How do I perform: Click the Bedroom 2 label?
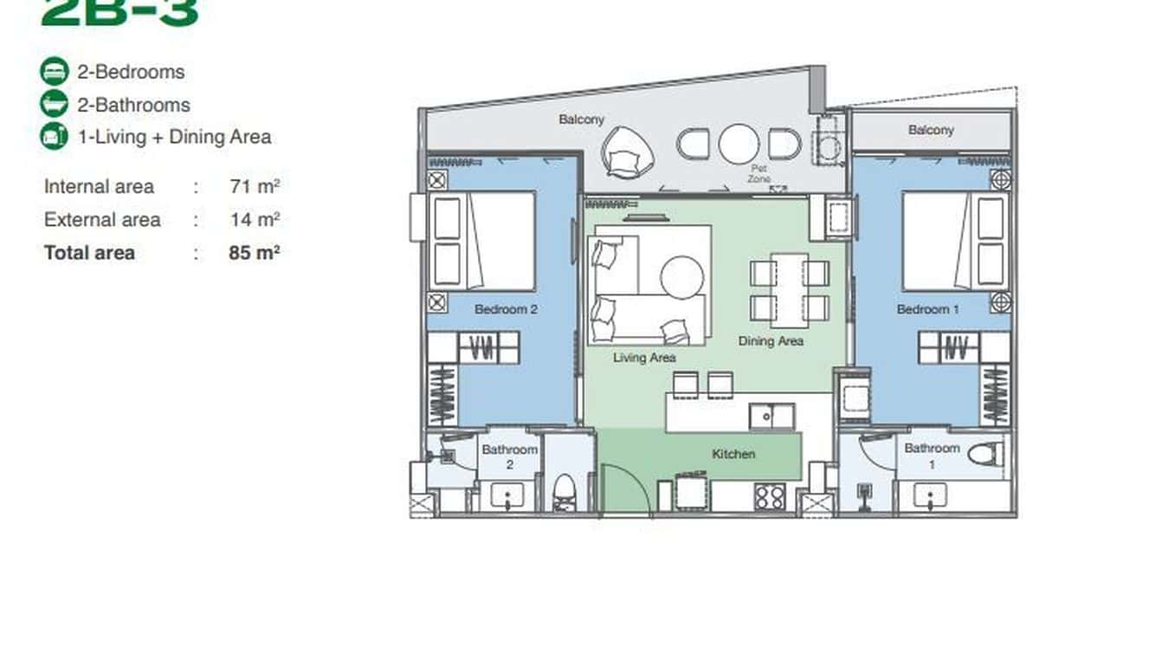click(x=507, y=309)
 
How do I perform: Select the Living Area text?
click(x=644, y=357)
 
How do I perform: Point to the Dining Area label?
click(x=771, y=341)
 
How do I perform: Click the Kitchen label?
click(x=733, y=454)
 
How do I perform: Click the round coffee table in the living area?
click(x=682, y=277)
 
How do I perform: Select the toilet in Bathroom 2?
click(x=564, y=491)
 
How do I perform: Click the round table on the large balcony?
click(x=739, y=144)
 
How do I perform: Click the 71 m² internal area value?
click(x=255, y=186)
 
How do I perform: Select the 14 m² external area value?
click(x=255, y=219)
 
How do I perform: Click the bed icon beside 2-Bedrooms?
click(x=54, y=72)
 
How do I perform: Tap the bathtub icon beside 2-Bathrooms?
click(x=54, y=104)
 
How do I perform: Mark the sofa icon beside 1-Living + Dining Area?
click(x=54, y=136)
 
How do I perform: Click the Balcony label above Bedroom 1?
click(x=931, y=130)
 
